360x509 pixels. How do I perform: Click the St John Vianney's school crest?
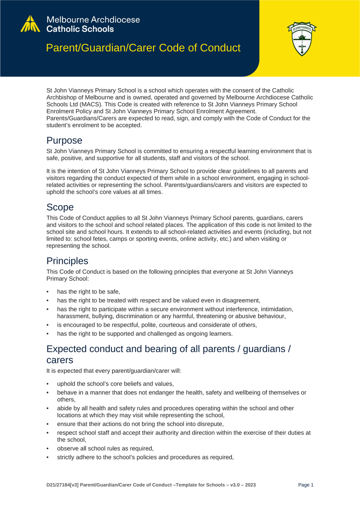coord(303,40)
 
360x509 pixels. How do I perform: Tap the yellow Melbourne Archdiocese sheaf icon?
coord(32,24)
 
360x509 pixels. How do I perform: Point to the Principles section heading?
coord(67,260)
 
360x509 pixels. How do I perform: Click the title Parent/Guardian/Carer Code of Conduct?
coord(144,48)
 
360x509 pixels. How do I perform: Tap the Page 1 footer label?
coord(306,484)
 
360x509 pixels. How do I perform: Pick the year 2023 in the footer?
coord(249,484)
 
